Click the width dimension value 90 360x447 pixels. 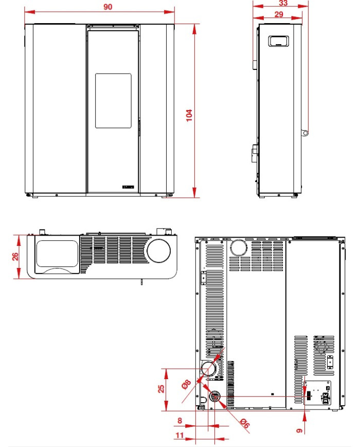pyautogui.click(x=107, y=7)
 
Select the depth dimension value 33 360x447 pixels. pyautogui.click(x=282, y=3)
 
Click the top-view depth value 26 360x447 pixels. pyautogui.click(x=15, y=256)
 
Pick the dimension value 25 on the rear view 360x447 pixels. pyautogui.click(x=161, y=389)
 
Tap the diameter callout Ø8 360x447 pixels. pyautogui.click(x=187, y=384)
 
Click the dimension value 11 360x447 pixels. pyautogui.click(x=179, y=435)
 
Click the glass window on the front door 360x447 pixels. pyautogui.click(x=113, y=100)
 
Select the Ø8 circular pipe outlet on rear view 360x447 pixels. pyautogui.click(x=208, y=368)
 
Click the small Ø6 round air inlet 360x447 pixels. pyautogui.click(x=215, y=397)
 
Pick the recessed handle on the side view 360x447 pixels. pyautogui.click(x=279, y=41)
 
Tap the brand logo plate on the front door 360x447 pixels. pyautogui.click(x=128, y=187)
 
